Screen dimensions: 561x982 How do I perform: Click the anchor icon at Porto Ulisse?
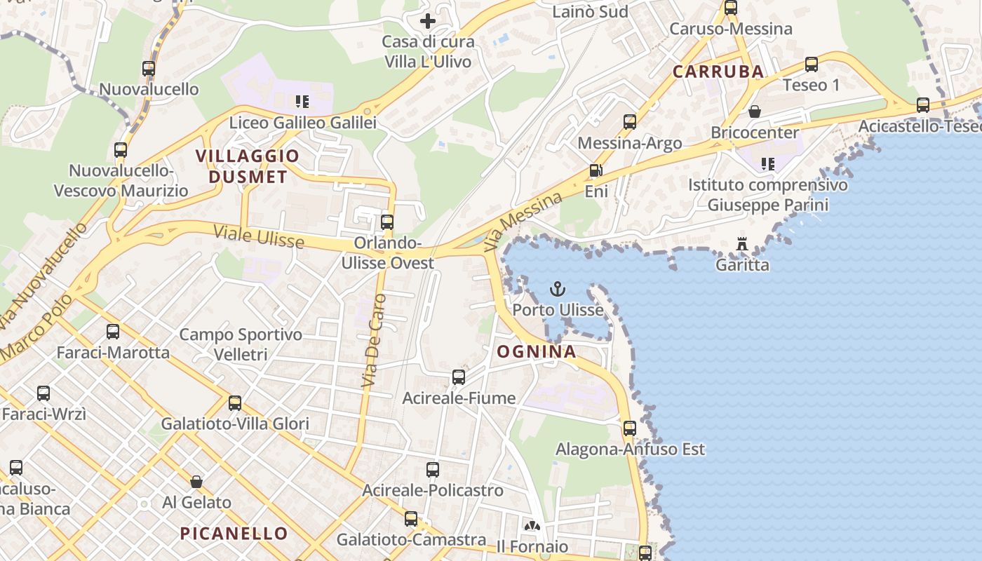click(557, 288)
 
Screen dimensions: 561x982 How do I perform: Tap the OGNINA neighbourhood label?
click(537, 352)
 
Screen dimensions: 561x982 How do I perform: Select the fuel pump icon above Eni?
click(596, 170)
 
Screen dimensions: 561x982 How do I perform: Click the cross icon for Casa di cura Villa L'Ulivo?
click(427, 21)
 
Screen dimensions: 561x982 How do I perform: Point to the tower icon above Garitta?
click(742, 244)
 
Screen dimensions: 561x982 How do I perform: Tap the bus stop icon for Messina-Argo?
click(630, 122)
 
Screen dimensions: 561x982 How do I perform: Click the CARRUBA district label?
click(718, 72)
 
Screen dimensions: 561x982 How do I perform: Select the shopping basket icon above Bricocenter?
click(755, 111)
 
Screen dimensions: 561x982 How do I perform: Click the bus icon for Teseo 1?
click(812, 65)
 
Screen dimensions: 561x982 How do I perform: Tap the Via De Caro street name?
click(374, 341)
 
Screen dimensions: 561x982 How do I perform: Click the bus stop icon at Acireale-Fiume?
click(459, 377)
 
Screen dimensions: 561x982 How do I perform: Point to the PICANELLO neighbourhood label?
click(234, 534)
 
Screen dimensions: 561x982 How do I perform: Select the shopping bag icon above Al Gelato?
click(196, 482)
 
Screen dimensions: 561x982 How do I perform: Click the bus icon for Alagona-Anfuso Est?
click(630, 428)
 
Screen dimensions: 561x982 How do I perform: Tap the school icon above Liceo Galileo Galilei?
click(302, 102)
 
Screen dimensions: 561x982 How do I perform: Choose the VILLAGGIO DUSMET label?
click(248, 166)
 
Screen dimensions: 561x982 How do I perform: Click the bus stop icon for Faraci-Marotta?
click(113, 332)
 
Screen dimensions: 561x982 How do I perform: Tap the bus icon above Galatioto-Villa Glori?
click(235, 403)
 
